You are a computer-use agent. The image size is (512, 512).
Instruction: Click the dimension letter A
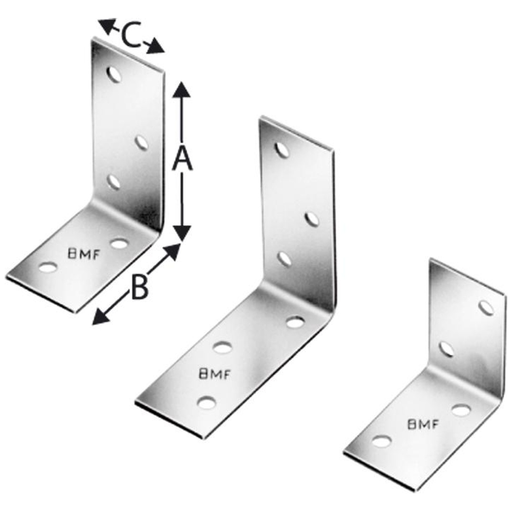click(x=182, y=159)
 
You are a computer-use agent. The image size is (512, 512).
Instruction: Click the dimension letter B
click(x=139, y=287)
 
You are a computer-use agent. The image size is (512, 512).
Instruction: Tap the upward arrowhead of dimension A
click(x=182, y=90)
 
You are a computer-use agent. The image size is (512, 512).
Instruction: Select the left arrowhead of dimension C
click(x=107, y=26)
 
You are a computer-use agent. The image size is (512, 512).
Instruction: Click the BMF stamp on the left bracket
click(x=83, y=254)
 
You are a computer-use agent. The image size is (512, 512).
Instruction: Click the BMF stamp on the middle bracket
click(x=215, y=374)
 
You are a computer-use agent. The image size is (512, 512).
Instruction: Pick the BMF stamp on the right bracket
click(x=422, y=424)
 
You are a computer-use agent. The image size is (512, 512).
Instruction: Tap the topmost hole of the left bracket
click(x=114, y=74)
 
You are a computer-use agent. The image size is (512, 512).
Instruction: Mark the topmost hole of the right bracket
click(x=486, y=308)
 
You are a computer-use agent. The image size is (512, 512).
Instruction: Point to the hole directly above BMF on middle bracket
click(x=223, y=347)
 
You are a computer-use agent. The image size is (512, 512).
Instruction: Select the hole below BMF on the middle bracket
click(x=207, y=402)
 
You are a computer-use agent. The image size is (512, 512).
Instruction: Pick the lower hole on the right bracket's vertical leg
click(x=446, y=349)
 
